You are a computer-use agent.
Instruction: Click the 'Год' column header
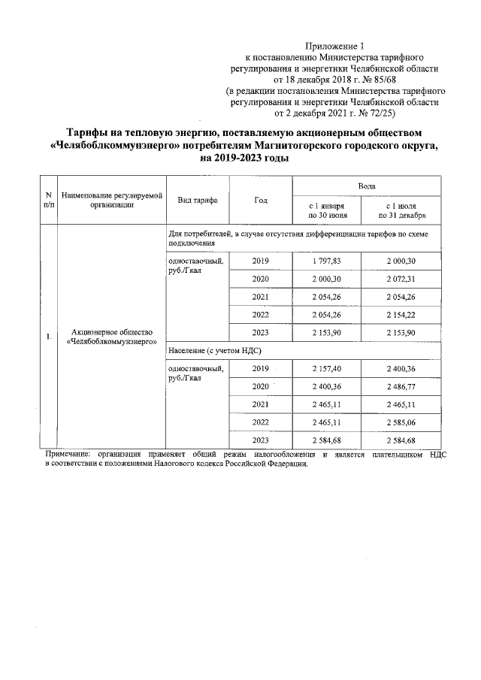(x=261, y=200)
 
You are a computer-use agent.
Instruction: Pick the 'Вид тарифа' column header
(x=198, y=200)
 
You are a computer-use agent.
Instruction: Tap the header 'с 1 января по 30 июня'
(x=327, y=209)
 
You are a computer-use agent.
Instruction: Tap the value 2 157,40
(x=327, y=369)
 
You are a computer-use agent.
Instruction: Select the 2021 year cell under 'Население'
(x=261, y=405)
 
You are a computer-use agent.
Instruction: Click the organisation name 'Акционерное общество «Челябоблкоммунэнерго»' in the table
(x=111, y=337)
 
